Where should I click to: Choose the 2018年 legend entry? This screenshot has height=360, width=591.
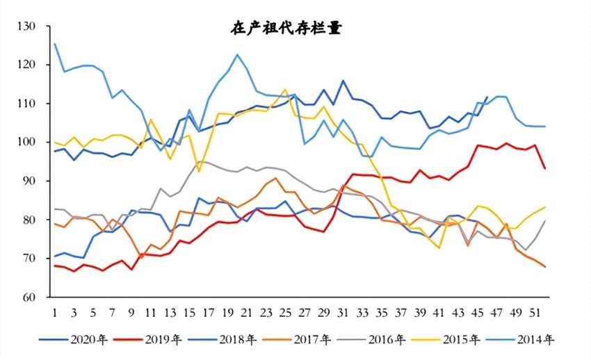pyautogui.click(x=239, y=340)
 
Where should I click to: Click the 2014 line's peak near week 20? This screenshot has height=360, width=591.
pyautogui.click(x=237, y=55)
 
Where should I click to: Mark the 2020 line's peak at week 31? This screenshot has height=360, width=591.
pyautogui.click(x=343, y=81)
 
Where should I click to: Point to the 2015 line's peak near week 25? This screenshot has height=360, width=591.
pyautogui.click(x=285, y=90)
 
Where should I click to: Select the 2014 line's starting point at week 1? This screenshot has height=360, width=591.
pyautogui.click(x=55, y=44)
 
